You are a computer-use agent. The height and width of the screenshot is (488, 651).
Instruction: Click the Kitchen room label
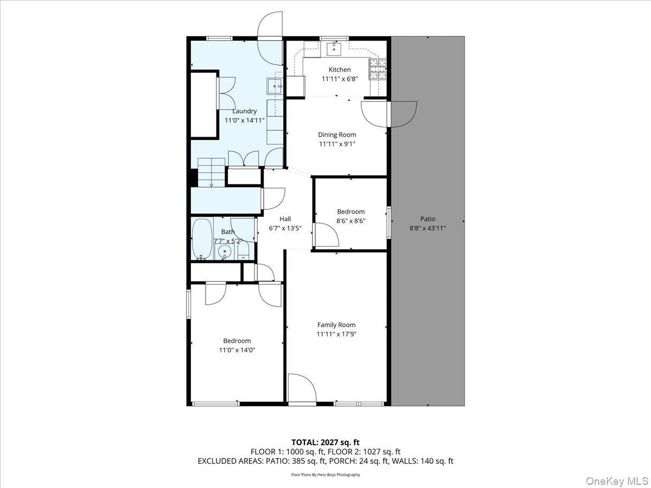(x=340, y=69)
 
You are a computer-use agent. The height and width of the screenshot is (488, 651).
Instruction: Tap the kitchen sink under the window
(x=334, y=50)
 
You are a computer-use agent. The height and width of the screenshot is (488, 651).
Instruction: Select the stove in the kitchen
(x=379, y=69)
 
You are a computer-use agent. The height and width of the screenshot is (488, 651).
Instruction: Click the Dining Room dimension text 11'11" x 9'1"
(x=337, y=144)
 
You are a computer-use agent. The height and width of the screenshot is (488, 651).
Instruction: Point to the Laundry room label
(x=244, y=111)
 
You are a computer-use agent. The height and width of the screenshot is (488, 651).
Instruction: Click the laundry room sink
(x=275, y=86)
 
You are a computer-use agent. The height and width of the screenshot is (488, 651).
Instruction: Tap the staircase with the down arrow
(x=211, y=172)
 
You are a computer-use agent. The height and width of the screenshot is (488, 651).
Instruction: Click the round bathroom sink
(x=224, y=251)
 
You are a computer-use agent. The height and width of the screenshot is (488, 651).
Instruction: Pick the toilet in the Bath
(x=244, y=251)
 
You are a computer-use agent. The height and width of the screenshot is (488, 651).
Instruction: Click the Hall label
(x=285, y=219)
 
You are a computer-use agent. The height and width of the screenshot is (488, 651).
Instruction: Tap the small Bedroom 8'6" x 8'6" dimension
(x=350, y=221)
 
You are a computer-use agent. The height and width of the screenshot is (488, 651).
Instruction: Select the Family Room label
(x=336, y=325)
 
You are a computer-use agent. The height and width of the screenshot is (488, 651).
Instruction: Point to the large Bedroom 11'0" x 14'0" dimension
(x=237, y=350)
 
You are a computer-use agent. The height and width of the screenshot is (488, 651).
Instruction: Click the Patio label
(x=427, y=219)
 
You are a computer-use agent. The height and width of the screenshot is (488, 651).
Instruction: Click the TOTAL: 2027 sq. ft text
(x=325, y=442)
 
